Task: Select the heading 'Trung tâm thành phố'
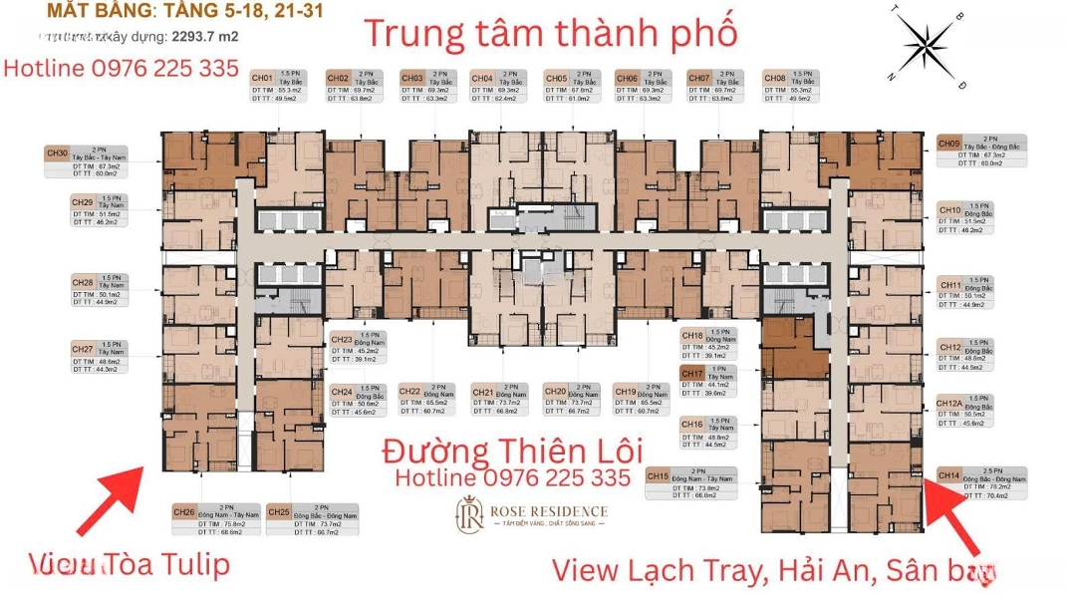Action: click(550, 32)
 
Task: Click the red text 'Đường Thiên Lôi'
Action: click(512, 451)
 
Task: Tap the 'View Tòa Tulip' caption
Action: click(129, 565)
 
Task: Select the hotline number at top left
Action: click(122, 68)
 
